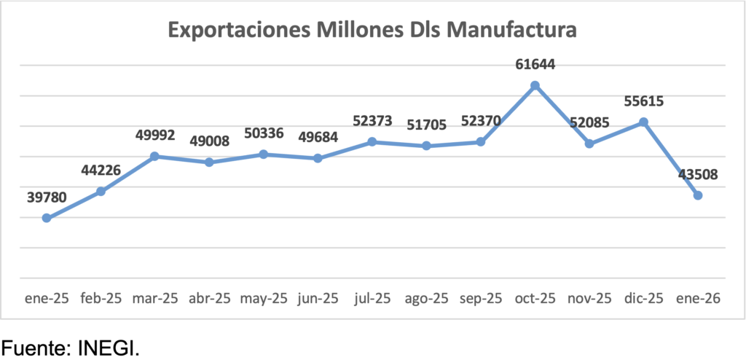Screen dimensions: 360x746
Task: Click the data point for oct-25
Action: click(x=535, y=85)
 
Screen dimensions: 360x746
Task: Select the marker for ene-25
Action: click(x=47, y=218)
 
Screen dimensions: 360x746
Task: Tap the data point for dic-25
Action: click(x=643, y=122)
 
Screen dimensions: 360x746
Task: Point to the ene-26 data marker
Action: click(x=698, y=195)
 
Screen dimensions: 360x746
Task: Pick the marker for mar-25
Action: click(x=154, y=156)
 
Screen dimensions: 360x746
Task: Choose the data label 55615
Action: click(x=643, y=101)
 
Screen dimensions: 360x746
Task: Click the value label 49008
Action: click(x=209, y=141)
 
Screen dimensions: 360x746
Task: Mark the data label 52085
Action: click(x=589, y=123)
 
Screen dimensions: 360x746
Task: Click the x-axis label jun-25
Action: click(x=318, y=297)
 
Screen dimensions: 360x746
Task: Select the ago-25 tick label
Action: click(x=426, y=297)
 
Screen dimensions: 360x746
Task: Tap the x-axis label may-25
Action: click(x=263, y=297)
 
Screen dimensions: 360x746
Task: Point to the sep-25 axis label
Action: click(x=481, y=297)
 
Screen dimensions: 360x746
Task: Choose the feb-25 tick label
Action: click(x=101, y=297)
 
